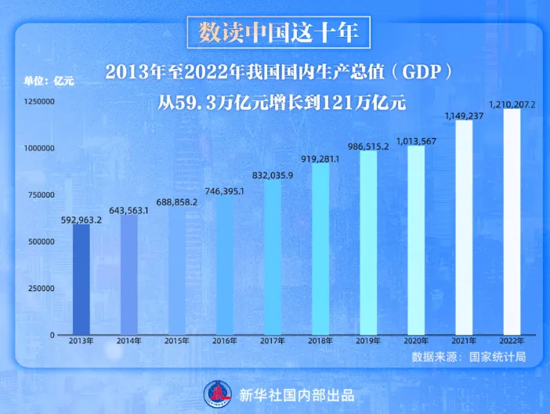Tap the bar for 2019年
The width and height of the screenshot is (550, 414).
pos(368,243)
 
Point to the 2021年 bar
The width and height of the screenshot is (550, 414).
pos(464,227)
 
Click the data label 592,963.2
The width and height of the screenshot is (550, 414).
pos(82,220)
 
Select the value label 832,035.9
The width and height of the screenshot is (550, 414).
pos(273,175)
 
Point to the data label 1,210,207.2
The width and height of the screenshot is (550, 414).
pos(512,103)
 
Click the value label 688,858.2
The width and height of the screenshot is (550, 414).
pos(177,202)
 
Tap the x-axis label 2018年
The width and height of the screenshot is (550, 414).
pos(320,341)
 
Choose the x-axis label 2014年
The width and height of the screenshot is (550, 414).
pos(130,341)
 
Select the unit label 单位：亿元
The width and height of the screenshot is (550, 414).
pos(49,79)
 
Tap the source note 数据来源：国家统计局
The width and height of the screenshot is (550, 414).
pos(469,358)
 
